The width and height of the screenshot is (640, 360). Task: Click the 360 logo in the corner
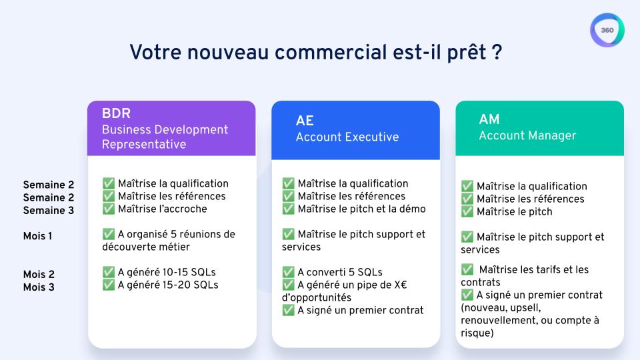(x=607, y=31)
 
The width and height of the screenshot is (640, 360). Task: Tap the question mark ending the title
(x=497, y=52)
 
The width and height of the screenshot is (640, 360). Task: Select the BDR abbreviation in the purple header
(x=116, y=113)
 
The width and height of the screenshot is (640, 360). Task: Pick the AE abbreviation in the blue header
(x=305, y=121)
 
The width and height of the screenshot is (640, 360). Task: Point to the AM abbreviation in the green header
(x=489, y=119)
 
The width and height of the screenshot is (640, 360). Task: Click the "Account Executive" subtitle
(x=347, y=137)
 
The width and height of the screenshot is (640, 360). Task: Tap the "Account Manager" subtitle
(x=527, y=135)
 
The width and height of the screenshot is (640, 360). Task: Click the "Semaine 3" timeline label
(x=49, y=211)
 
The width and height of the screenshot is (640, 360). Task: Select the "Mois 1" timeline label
(x=37, y=235)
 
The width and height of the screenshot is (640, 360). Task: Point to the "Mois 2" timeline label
(x=39, y=275)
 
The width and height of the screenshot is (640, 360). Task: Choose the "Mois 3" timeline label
(x=39, y=287)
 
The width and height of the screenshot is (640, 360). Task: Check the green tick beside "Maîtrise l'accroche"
(x=109, y=209)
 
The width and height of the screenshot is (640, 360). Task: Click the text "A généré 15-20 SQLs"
(x=167, y=285)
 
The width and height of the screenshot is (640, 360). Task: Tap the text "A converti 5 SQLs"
(x=340, y=272)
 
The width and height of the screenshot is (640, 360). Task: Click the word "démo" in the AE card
(x=411, y=209)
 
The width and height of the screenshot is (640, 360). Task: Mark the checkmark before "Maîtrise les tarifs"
(x=467, y=269)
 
